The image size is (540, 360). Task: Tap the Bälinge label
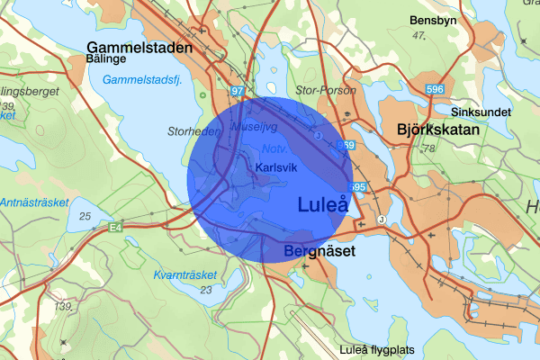tap(105, 59)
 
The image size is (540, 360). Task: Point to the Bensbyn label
tap(434, 20)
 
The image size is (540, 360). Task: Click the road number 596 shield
tap(434, 88)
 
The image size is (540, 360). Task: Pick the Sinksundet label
tap(481, 112)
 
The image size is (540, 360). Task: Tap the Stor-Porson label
tap(332, 91)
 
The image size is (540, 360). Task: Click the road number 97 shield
tap(237, 92)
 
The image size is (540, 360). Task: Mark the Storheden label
tap(194, 131)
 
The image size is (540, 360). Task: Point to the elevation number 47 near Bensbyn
tap(417, 36)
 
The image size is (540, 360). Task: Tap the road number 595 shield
tap(357, 187)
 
